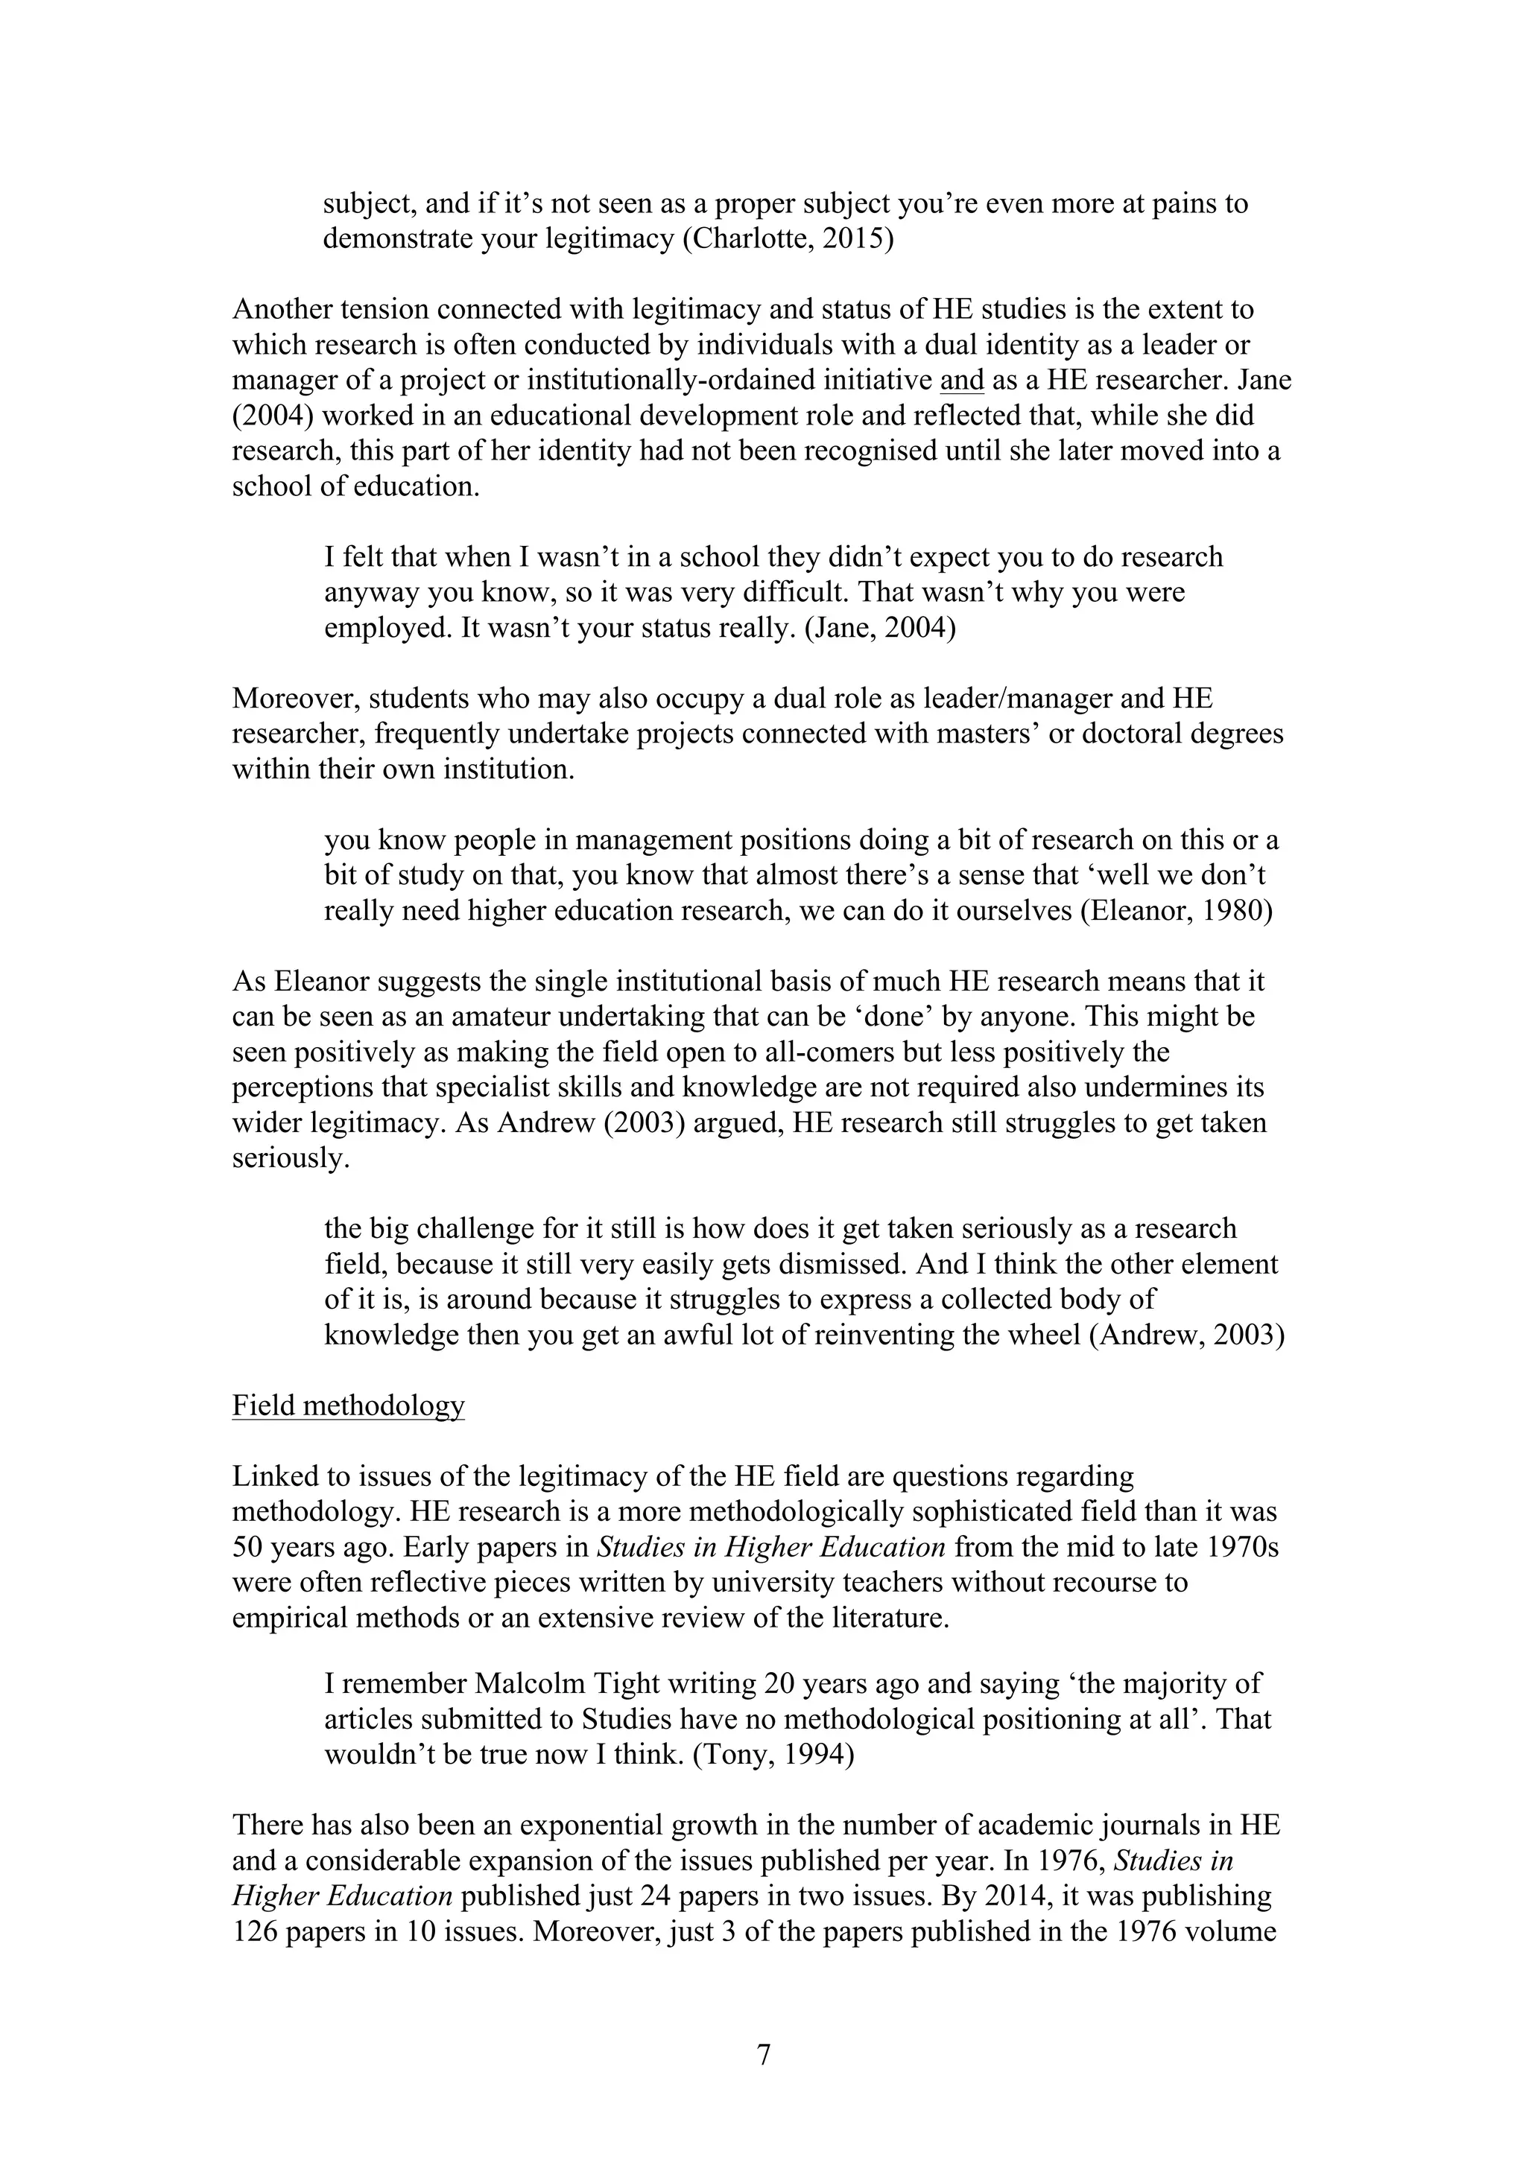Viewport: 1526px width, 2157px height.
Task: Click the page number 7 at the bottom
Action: point(763,2056)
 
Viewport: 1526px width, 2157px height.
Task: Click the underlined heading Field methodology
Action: point(348,1405)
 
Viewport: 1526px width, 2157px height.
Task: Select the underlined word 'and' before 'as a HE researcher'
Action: point(961,381)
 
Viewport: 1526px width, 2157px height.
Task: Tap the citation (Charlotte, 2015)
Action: point(787,238)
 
